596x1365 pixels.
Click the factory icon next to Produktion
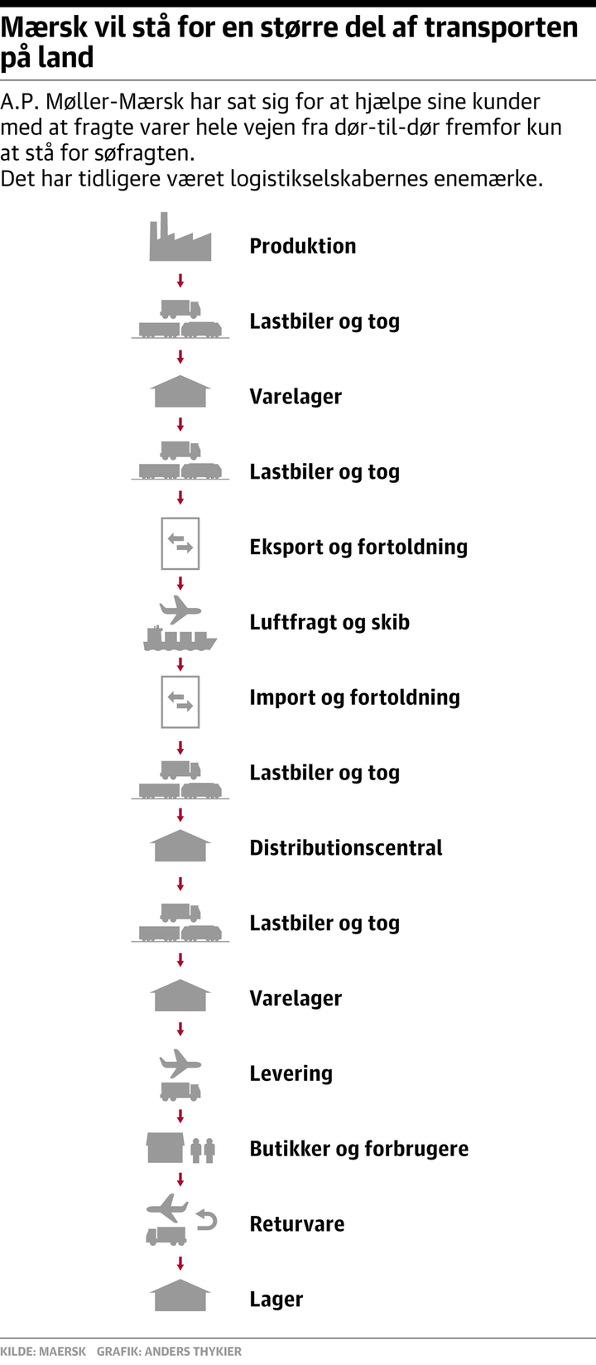click(x=180, y=239)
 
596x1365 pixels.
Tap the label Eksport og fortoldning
click(x=358, y=547)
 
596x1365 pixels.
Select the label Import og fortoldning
click(x=354, y=697)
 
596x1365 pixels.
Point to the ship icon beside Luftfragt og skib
click(x=180, y=638)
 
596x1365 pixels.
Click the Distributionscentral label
click(x=346, y=847)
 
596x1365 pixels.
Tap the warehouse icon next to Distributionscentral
click(x=180, y=846)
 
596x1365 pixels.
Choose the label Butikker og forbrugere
click(x=358, y=1149)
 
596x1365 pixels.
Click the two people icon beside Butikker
click(x=203, y=1150)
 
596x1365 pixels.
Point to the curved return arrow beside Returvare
click(x=207, y=1219)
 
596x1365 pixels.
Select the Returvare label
click(x=297, y=1224)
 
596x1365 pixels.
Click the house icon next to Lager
click(x=180, y=1296)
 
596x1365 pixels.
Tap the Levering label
click(x=291, y=1073)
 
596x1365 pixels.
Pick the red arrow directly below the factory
click(x=180, y=282)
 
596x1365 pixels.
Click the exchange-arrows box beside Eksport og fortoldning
click(x=180, y=544)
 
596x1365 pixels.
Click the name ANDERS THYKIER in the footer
click(x=194, y=1352)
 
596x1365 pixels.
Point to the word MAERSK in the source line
click(x=63, y=1352)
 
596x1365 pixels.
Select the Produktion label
click(x=303, y=246)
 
